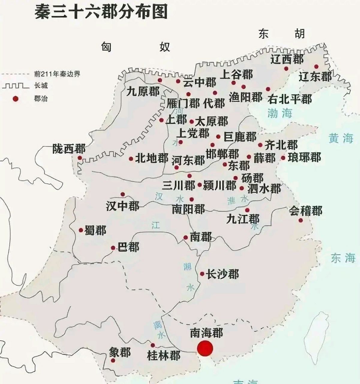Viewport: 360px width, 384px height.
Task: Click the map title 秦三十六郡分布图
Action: (x=101, y=13)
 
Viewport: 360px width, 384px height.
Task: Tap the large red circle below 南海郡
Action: (x=205, y=349)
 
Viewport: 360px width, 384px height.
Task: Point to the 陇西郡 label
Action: (x=69, y=149)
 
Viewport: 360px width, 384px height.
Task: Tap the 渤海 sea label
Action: (x=280, y=113)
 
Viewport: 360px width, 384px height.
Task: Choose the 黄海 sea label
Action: (x=341, y=138)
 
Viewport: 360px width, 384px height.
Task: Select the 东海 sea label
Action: (x=343, y=258)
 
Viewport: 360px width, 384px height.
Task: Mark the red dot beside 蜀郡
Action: (x=81, y=230)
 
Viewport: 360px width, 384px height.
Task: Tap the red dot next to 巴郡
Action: (x=113, y=248)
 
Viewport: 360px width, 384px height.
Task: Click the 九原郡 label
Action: (x=143, y=91)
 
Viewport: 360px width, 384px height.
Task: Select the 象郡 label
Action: (x=120, y=352)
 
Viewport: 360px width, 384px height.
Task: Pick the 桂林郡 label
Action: (x=164, y=355)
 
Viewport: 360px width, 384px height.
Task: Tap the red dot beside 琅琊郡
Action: (x=283, y=157)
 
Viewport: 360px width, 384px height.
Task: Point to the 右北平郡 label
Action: (x=290, y=99)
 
